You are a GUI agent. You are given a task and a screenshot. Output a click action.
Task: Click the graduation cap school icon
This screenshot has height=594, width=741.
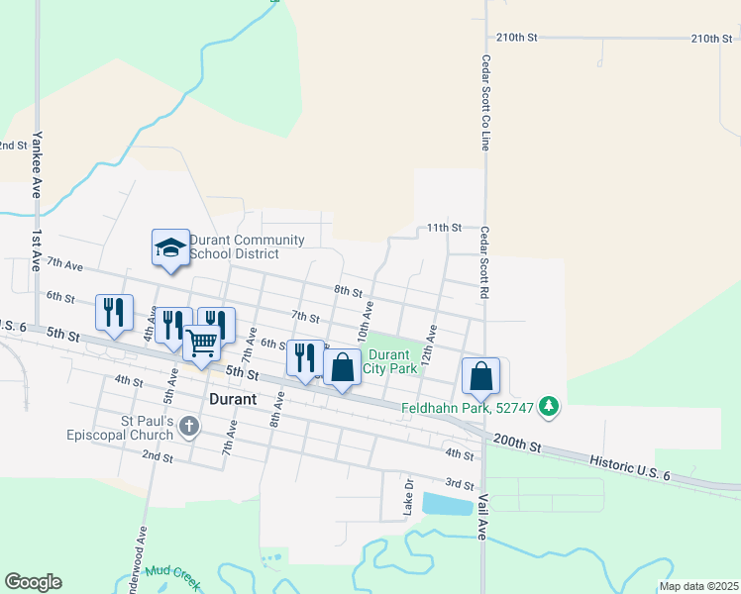coord(169,247)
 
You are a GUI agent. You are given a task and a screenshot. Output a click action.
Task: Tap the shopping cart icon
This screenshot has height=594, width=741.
coord(201,344)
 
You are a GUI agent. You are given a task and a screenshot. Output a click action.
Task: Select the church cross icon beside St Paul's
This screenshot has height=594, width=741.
coord(189,428)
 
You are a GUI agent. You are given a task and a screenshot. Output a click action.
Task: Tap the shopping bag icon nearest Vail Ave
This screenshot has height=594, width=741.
coord(480,375)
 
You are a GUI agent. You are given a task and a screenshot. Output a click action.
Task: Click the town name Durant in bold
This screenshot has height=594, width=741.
coord(234,399)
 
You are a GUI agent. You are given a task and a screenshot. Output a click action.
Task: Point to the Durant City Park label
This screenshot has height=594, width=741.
coord(388,361)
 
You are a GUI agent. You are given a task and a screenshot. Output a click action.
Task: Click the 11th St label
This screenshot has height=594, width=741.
coord(445,228)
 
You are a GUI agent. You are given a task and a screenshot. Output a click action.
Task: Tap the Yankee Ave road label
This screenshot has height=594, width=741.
coord(37,163)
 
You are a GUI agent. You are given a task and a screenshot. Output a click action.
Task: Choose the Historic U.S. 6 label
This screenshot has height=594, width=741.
coord(631,462)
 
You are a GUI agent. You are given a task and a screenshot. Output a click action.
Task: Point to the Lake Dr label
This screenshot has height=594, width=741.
coord(408,495)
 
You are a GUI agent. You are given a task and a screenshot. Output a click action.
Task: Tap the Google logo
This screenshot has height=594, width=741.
coord(33,582)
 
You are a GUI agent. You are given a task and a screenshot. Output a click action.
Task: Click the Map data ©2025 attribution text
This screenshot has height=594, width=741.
coord(697,586)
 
